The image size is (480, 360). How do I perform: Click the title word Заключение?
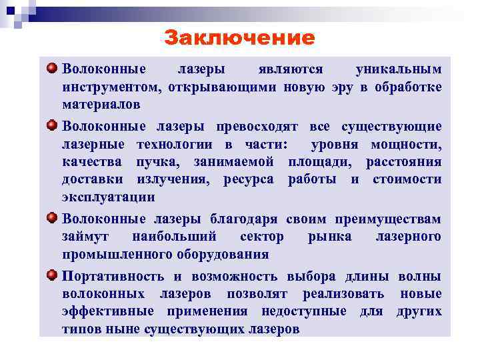coord(239,38)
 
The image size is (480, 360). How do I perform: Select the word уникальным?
coord(399,69)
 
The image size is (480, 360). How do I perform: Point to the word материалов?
coord(101,105)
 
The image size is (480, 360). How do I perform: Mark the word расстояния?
coord(404,162)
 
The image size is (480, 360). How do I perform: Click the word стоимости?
coord(407,179)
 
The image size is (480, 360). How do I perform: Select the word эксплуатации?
coord(108,197)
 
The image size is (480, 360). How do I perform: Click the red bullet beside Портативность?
coord(51,275)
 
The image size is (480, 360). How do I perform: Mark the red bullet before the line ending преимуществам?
coord(51,218)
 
